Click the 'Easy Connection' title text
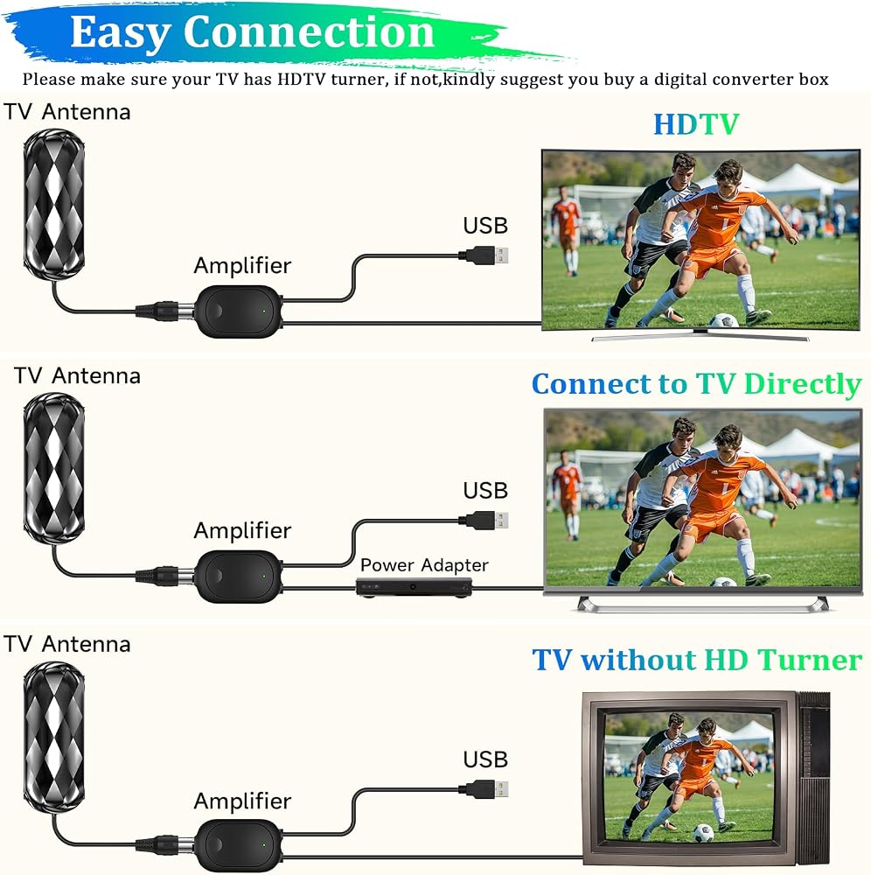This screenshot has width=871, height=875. click(x=252, y=32)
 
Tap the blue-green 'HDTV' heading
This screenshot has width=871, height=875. click(x=696, y=124)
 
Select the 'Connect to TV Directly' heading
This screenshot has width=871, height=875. click(x=696, y=384)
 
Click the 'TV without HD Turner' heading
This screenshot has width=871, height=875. click(x=697, y=660)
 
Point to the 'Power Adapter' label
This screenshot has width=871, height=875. click(x=424, y=565)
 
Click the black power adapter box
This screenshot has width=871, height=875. click(x=414, y=588)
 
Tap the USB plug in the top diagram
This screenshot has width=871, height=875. click(x=484, y=255)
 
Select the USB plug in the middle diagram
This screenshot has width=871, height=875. click(x=484, y=520)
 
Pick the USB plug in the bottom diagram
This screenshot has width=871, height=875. click(x=484, y=789)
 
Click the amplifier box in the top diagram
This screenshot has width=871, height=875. click(x=240, y=311)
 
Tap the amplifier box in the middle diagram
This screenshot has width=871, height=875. click(x=240, y=576)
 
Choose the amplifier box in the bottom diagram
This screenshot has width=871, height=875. click(x=240, y=845)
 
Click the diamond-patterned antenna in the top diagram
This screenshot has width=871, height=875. click(x=54, y=204)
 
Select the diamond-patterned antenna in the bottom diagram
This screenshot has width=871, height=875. click(x=54, y=737)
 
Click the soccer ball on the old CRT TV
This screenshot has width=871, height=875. click(x=704, y=833)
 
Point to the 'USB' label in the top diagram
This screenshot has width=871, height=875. click(x=485, y=226)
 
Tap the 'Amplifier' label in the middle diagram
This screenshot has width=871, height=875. click(x=242, y=530)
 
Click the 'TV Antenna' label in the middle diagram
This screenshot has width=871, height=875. click(x=77, y=375)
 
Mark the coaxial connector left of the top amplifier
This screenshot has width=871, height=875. click(x=165, y=311)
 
